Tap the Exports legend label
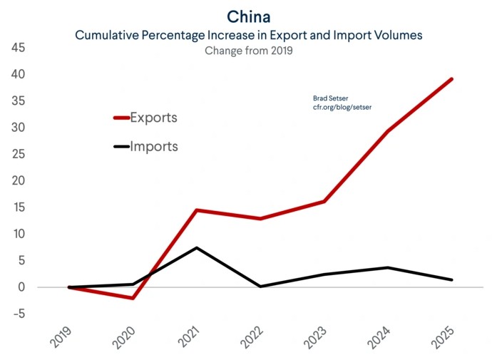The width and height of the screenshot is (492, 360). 153,118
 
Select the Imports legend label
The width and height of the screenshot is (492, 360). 154,147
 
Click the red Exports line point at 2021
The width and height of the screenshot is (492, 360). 196,210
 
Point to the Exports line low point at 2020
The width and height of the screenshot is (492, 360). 132,298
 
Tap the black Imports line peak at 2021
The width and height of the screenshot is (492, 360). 196,247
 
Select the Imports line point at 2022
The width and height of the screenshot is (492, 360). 260,287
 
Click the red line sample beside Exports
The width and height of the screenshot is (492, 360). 121,118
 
